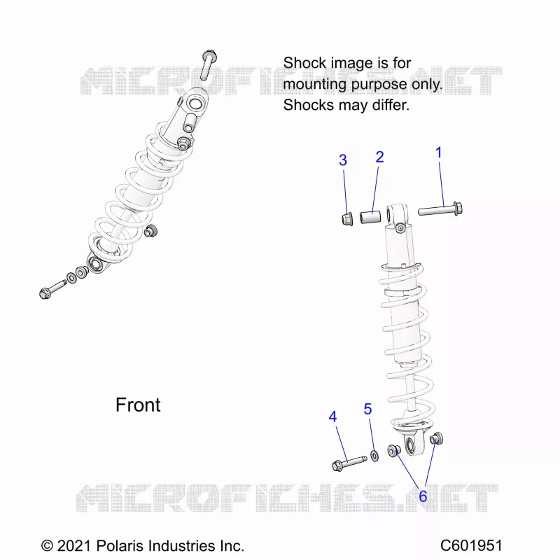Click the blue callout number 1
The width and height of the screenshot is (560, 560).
click(439, 153)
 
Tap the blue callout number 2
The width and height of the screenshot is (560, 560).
click(379, 157)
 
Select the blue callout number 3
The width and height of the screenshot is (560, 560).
click(343, 160)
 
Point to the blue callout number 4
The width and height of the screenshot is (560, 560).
click(332, 416)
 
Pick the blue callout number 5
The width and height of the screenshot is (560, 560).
click(368, 409)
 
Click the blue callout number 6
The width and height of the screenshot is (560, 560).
click(423, 496)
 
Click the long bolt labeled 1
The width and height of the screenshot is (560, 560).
click(440, 209)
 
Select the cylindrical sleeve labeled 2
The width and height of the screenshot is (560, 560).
click(370, 218)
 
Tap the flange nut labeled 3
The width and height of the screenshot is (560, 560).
click(347, 219)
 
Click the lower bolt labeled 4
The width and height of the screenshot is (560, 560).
click(349, 463)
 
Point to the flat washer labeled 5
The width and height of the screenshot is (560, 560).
click(374, 456)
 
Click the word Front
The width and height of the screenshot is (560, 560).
click(138, 405)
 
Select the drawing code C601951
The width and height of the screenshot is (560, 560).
click(471, 546)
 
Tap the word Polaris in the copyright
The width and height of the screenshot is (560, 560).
click(120, 546)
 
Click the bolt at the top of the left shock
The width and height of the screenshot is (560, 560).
click(208, 65)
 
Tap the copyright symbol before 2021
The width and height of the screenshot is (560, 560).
click(47, 546)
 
